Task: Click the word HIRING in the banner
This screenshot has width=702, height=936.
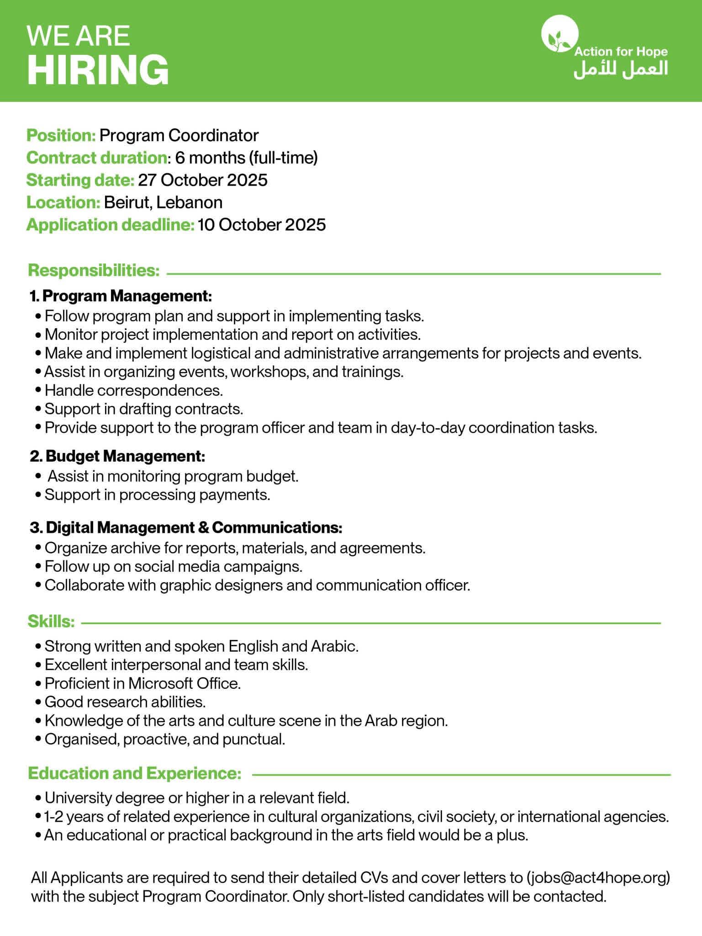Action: pos(98,69)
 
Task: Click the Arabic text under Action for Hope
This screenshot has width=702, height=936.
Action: pos(621,69)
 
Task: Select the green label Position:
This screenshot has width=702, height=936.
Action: pos(61,136)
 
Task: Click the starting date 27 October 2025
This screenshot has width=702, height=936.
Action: pos(202,180)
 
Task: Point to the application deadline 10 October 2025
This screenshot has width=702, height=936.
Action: pos(262,225)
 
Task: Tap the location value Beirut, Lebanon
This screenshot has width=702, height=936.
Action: pos(163,202)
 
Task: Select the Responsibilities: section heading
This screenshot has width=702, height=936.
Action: pos(94,271)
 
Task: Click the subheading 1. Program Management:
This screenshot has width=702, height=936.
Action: pos(121,297)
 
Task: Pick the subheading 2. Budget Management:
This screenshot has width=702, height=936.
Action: pos(117,456)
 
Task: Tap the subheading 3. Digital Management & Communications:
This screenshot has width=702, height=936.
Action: pos(186,528)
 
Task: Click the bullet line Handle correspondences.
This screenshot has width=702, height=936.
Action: pos(133,391)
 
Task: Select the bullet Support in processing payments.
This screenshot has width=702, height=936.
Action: pos(157,495)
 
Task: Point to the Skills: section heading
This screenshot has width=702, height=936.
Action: pos(51,622)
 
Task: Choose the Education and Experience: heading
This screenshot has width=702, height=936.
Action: pos(134,774)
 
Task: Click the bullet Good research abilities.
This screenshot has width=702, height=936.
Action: pos(125,702)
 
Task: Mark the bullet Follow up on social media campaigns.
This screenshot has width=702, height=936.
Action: pos(174,567)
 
